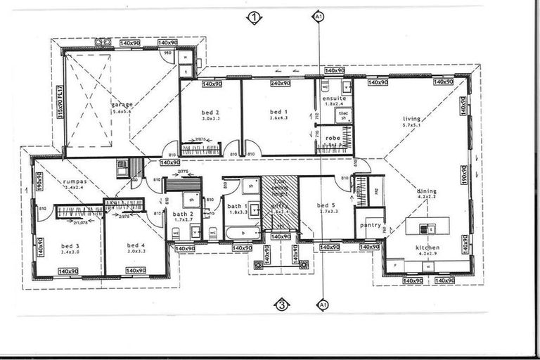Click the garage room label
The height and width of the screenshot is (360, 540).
click(x=122, y=105)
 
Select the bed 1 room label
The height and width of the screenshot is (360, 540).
click(x=278, y=112)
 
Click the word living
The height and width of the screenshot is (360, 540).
click(x=412, y=118)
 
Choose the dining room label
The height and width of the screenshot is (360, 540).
click(x=427, y=191)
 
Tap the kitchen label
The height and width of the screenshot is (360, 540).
click(x=427, y=247)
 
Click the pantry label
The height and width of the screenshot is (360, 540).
click(x=370, y=225)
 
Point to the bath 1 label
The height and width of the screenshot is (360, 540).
click(x=235, y=206)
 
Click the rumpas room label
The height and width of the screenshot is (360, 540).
click(x=74, y=181)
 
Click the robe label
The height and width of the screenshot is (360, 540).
click(x=333, y=139)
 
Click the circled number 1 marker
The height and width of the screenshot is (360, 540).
click(x=254, y=18)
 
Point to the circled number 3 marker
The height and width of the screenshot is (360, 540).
click(x=281, y=304)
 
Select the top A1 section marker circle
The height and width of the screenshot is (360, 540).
click(x=319, y=15)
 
